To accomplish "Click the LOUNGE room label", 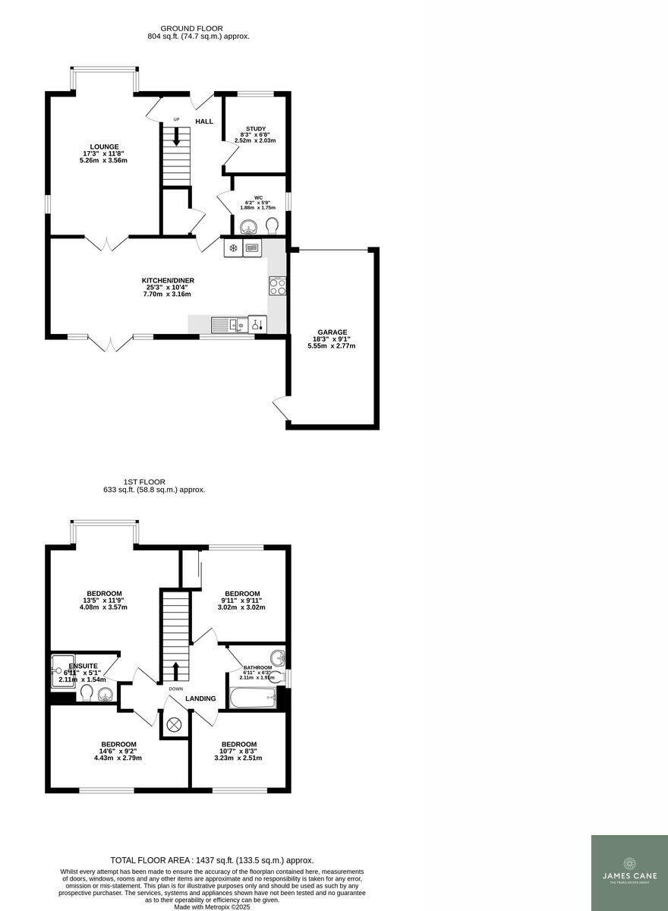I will pyautogui.click(x=104, y=147).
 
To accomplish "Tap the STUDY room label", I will pyautogui.click(x=255, y=128).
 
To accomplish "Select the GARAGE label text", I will pyautogui.click(x=332, y=332).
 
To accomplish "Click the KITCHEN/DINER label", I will pyautogui.click(x=168, y=281).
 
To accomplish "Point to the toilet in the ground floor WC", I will pyautogui.click(x=273, y=224).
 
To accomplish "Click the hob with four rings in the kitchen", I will pyautogui.click(x=277, y=286).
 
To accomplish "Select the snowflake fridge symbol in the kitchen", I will pyautogui.click(x=233, y=247).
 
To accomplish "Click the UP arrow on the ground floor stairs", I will pyautogui.click(x=176, y=137).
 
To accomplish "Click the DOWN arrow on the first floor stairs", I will pyautogui.click(x=175, y=672).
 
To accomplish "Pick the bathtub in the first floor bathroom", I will pyautogui.click(x=252, y=698).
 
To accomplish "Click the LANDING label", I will pyautogui.click(x=200, y=698).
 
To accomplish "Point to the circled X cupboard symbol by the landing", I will pyautogui.click(x=174, y=725).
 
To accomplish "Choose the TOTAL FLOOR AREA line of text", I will pyautogui.click(x=212, y=860).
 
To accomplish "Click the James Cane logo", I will pyautogui.click(x=629, y=872).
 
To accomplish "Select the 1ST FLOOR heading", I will pyautogui.click(x=144, y=481).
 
